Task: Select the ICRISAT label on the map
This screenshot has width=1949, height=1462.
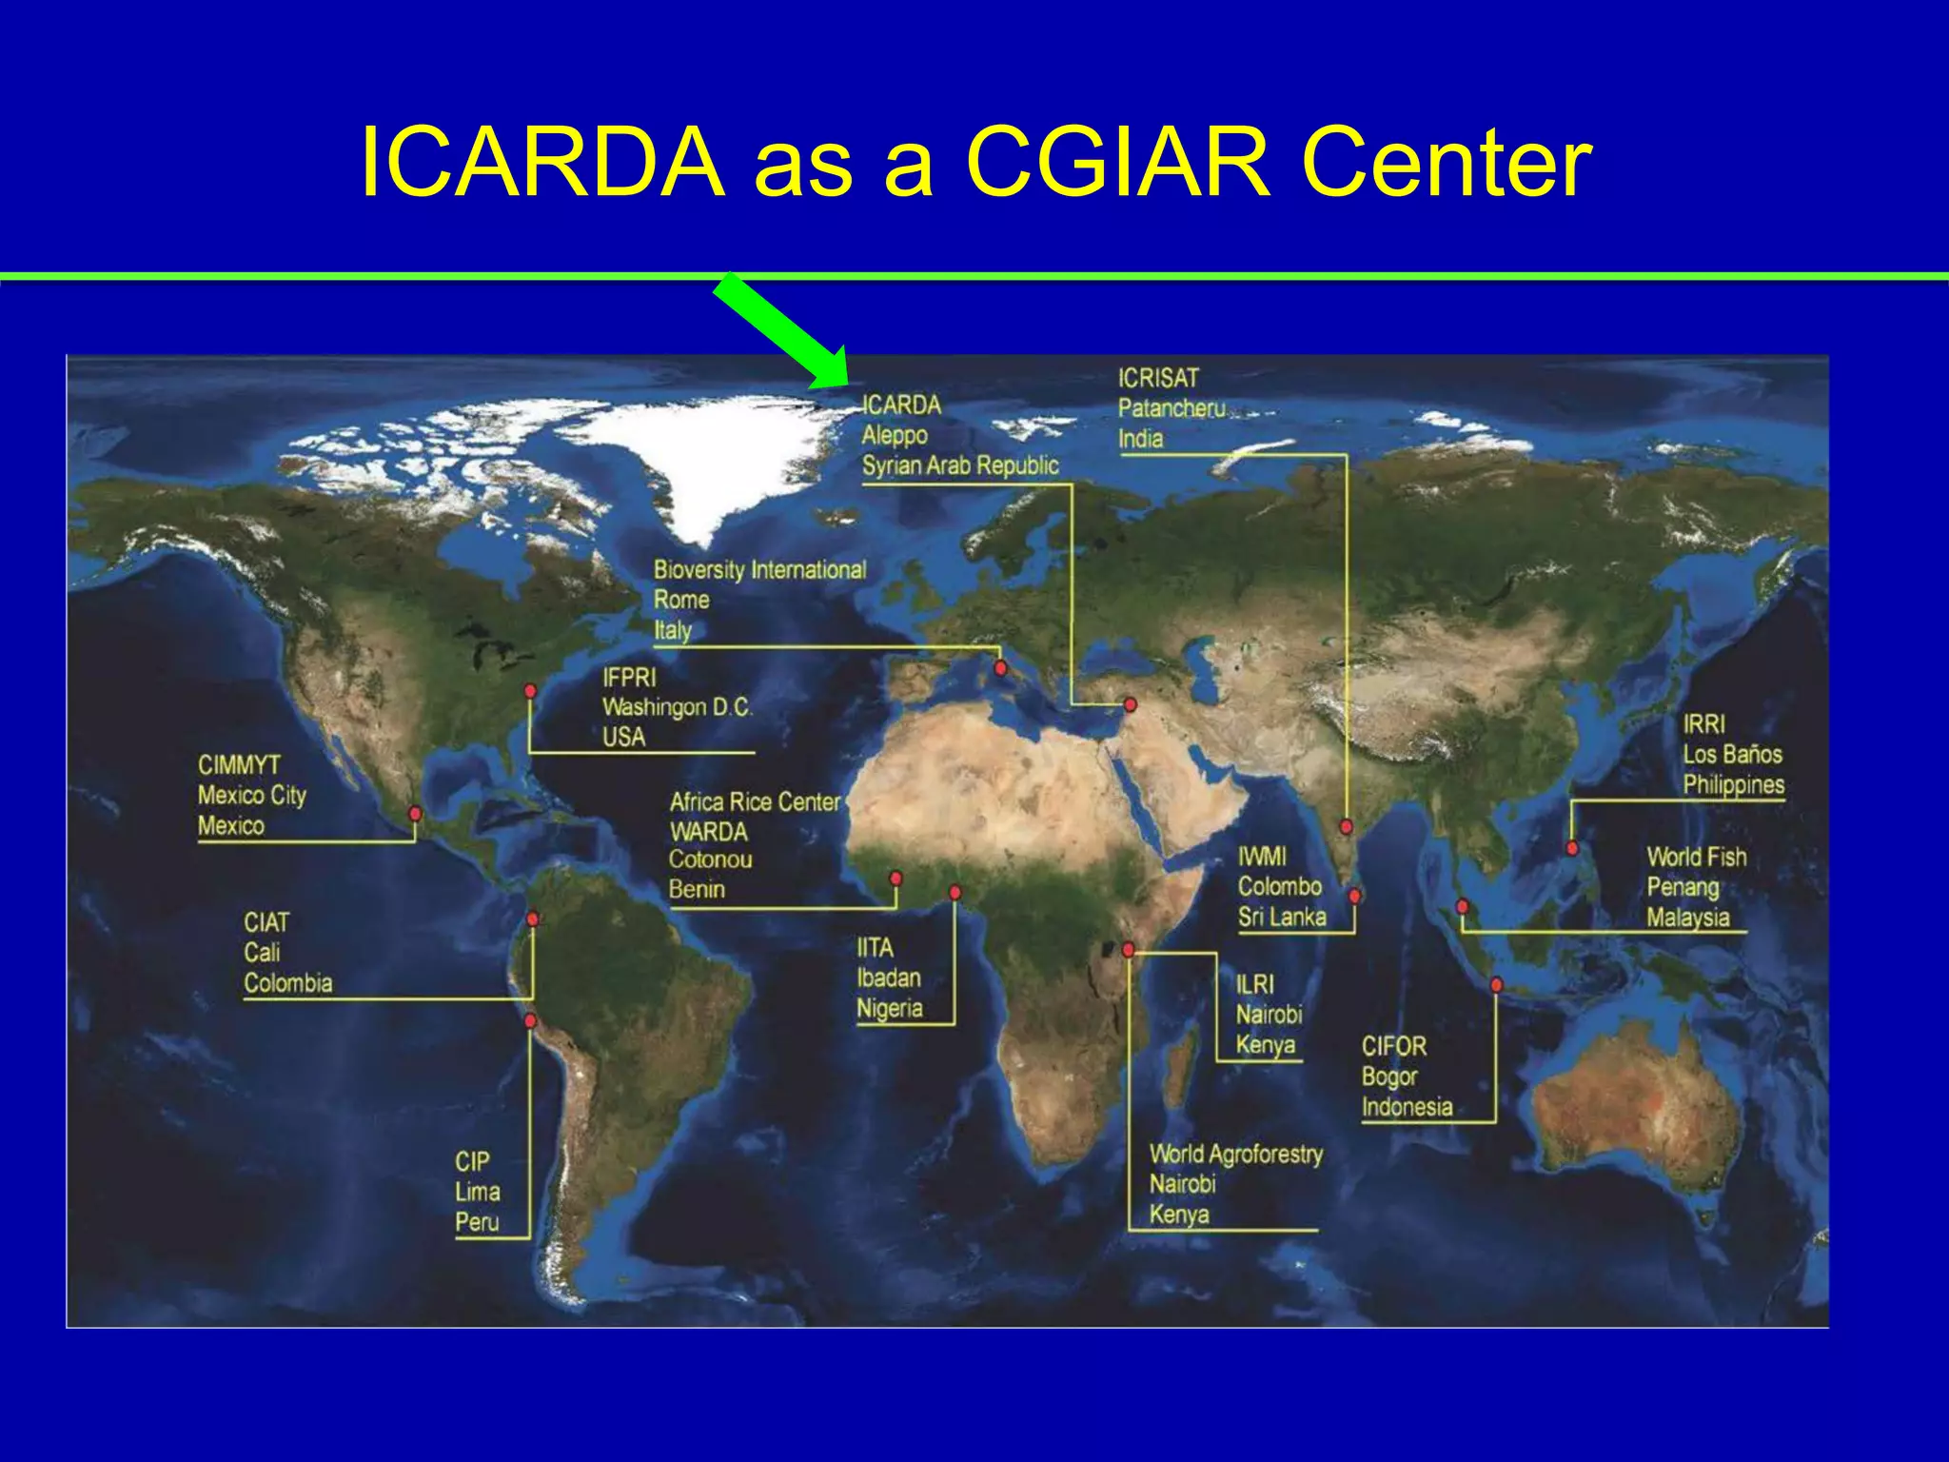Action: click(x=1158, y=378)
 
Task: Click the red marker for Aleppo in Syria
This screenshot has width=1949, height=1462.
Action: click(x=1130, y=705)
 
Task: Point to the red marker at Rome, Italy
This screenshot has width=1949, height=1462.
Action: click(x=1000, y=668)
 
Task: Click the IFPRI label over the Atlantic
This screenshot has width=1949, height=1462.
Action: click(x=629, y=678)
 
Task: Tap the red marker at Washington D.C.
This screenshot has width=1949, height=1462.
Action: click(x=530, y=691)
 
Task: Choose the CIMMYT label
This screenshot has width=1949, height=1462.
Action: click(x=239, y=765)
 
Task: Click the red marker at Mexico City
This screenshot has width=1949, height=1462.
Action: click(x=415, y=814)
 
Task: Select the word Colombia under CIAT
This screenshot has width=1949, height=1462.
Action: click(x=288, y=983)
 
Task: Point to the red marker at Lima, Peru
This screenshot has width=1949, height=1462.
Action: click(x=531, y=1021)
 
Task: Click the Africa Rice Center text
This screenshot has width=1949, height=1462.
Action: click(x=755, y=802)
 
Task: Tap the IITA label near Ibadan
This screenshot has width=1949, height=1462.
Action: click(x=875, y=948)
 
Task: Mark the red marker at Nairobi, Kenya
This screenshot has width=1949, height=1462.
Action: click(x=1128, y=950)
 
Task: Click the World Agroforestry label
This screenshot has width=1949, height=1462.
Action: click(x=1235, y=1155)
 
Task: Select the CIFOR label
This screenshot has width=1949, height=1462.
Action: click(x=1393, y=1047)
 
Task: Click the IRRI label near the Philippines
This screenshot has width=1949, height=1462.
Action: click(x=1703, y=724)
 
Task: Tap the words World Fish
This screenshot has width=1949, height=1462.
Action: click(x=1696, y=858)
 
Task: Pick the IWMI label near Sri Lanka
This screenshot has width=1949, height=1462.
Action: click(x=1261, y=857)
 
